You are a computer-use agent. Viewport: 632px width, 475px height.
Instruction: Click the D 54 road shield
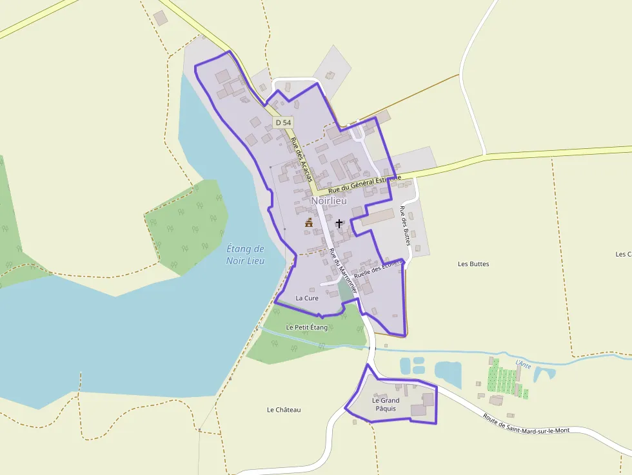pos(282,122)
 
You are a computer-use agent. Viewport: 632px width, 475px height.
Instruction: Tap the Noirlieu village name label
pos(329,201)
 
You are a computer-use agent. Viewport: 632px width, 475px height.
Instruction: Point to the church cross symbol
pos(339,223)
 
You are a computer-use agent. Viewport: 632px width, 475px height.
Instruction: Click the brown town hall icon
pos(309,223)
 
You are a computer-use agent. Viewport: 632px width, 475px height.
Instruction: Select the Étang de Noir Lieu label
pos(246,255)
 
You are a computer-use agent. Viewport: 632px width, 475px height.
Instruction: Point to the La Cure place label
pos(307,298)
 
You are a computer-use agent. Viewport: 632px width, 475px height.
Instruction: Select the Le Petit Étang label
pos(307,327)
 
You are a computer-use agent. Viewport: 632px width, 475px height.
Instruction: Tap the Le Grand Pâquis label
pos(386,404)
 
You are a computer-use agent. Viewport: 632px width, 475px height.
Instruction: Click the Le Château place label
pos(284,410)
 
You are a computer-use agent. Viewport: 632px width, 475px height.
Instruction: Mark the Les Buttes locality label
pos(473,264)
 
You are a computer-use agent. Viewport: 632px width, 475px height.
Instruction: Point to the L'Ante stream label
pos(523,364)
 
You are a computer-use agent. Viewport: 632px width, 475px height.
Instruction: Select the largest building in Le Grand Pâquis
pos(419,410)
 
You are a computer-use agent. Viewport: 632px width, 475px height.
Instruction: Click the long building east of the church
pos(377,217)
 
